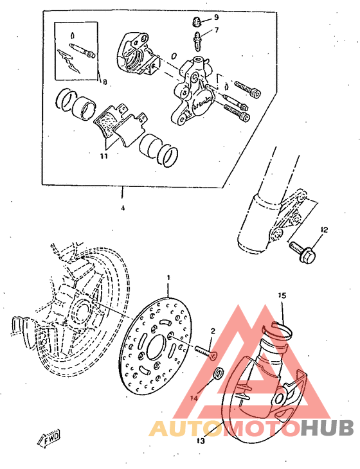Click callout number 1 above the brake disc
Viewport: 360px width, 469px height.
[168, 278]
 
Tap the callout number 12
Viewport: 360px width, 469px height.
[324, 229]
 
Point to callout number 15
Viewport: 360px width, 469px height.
[281, 296]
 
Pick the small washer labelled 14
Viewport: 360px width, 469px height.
[219, 373]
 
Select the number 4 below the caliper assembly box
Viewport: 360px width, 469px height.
[122, 208]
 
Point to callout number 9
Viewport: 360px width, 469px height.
[217, 16]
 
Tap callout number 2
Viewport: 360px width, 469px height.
[212, 331]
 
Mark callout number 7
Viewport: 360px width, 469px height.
[217, 30]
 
